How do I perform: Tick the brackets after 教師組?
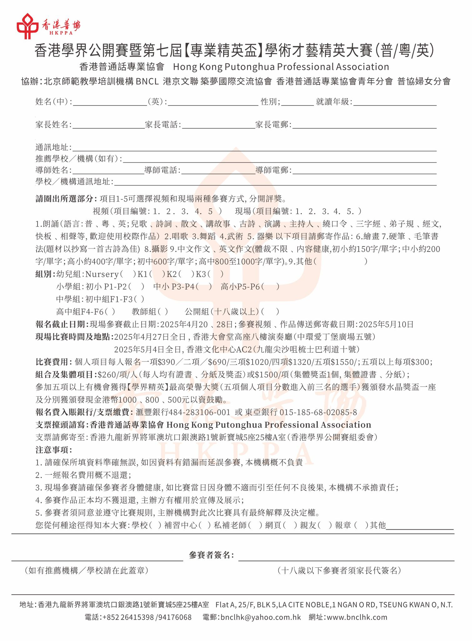click(163, 312)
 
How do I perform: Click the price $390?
click(167, 362)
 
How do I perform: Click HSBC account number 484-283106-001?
click(199, 413)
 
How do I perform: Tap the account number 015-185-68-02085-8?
click(318, 413)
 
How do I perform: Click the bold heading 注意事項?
click(53, 450)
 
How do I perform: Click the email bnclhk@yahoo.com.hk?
click(261, 617)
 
